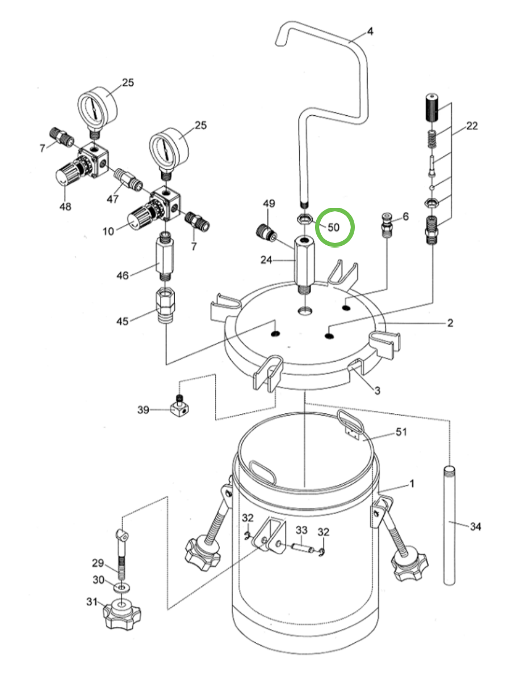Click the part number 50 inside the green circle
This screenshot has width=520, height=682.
[334, 227]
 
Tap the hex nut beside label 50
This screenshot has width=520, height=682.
[304, 217]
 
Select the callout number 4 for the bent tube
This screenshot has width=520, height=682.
[370, 32]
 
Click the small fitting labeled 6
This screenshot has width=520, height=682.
[388, 224]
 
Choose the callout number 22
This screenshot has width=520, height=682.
[472, 127]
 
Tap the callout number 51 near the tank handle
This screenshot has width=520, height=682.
[401, 433]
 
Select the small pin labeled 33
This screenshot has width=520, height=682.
[303, 548]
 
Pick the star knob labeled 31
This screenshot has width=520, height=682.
[121, 613]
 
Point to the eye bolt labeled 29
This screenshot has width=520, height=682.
[121, 559]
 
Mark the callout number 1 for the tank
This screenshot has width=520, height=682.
[412, 484]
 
